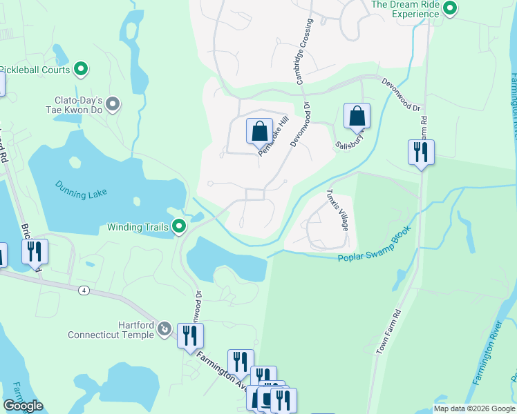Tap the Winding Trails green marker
[179, 226]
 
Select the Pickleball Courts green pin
[81, 69]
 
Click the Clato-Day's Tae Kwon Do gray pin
[113, 104]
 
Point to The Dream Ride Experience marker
[451, 8]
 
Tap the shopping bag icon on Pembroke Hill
[259, 131]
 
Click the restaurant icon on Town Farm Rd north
[421, 152]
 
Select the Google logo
[23, 406]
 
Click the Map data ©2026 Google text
[474, 408]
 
